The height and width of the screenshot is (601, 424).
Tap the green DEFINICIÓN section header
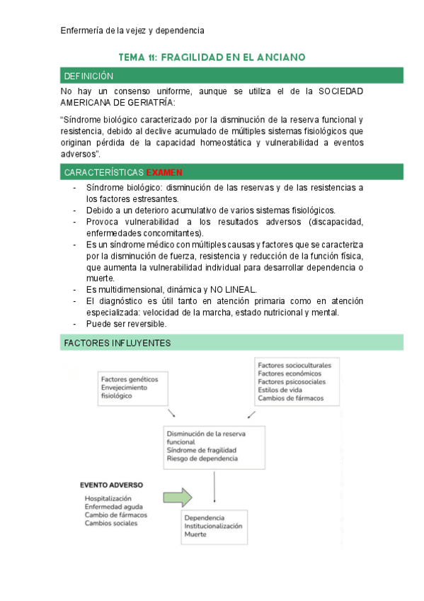point(231,76)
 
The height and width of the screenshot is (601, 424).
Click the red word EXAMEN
point(164,172)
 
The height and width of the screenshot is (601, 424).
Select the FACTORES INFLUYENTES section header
point(231,343)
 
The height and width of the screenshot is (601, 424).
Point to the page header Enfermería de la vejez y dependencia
point(132,30)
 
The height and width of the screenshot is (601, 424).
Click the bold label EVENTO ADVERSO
point(111,485)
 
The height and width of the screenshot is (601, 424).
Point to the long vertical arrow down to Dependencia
point(214,488)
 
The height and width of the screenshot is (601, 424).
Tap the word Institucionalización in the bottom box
point(213,526)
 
